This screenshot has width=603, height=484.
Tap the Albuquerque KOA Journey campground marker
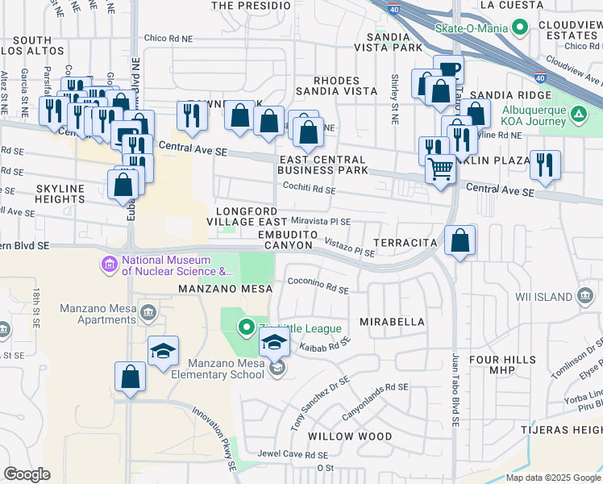pyautogui.click(x=578, y=115)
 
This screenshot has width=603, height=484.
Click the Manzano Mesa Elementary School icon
pyautogui.click(x=277, y=368)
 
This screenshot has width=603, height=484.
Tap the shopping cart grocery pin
pyautogui.click(x=440, y=169)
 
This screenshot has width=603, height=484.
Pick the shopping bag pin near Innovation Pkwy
pyautogui.click(x=130, y=376)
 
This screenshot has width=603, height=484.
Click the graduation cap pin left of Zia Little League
pyautogui.click(x=163, y=351)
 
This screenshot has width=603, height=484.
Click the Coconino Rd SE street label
pyautogui.click(x=318, y=284)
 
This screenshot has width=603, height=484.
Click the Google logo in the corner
pyautogui.click(x=27, y=474)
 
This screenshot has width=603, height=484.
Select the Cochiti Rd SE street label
pyautogui.click(x=308, y=189)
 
